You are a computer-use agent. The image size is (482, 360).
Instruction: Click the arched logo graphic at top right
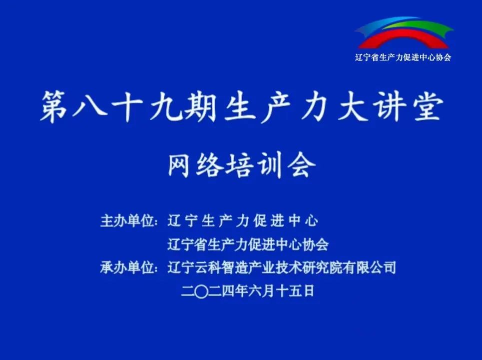click(403, 32)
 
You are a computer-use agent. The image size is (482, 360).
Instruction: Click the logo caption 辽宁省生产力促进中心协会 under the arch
click(403, 57)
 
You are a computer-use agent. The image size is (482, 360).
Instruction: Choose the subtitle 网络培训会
click(242, 165)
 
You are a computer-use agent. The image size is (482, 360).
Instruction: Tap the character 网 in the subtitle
click(179, 165)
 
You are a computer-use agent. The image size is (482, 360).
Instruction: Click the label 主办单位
click(127, 220)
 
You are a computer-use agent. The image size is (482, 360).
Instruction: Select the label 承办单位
click(127, 267)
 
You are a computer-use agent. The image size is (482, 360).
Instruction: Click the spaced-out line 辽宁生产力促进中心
click(243, 220)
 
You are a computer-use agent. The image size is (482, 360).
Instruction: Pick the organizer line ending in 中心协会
click(248, 244)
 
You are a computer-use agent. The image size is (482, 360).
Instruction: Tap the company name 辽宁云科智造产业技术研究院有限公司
click(282, 267)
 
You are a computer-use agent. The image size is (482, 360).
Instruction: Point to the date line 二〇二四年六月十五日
click(248, 290)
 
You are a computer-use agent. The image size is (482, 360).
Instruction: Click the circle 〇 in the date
click(201, 291)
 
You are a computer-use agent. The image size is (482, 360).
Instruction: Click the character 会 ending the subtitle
click(304, 165)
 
